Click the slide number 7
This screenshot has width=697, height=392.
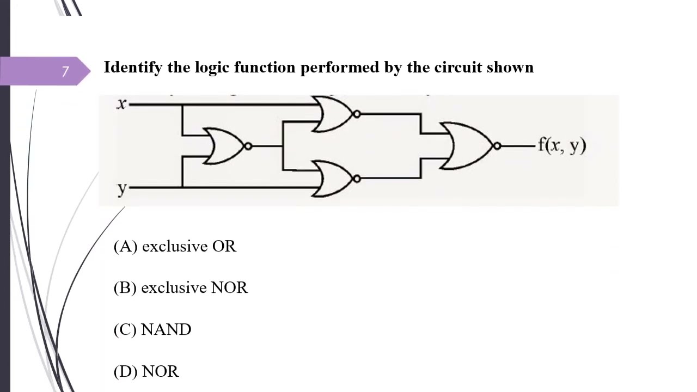tap(65, 71)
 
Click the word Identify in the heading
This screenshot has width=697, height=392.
tap(133, 68)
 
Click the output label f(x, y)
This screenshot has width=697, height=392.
tap(563, 145)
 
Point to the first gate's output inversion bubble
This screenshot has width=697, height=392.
tap(248, 146)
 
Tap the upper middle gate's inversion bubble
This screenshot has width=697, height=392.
tap(357, 114)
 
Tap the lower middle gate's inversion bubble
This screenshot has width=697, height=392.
tap(357, 179)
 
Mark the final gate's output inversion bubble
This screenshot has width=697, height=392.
tap(497, 145)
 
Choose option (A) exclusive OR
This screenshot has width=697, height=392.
tap(175, 247)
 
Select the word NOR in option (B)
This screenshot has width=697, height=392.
tap(230, 287)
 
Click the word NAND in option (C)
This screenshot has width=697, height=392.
tap(166, 329)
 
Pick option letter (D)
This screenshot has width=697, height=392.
tap(125, 371)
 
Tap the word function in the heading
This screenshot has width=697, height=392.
tap(265, 67)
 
